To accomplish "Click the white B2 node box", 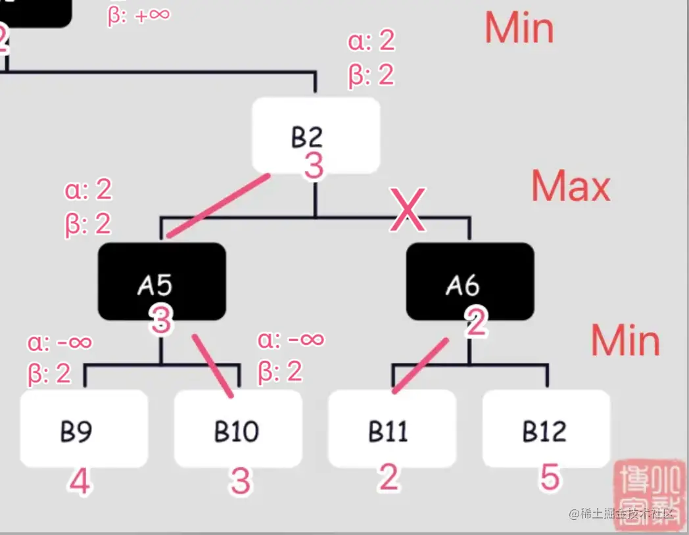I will (x=316, y=135).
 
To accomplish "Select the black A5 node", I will (x=162, y=281).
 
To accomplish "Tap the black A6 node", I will (x=469, y=281).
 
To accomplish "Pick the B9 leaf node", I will (x=83, y=429).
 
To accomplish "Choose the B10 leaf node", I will (x=237, y=429).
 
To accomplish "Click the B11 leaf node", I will (x=392, y=429).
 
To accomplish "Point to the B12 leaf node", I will (x=546, y=429).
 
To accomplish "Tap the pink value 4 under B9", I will (x=80, y=482).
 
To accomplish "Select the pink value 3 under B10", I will (x=241, y=482).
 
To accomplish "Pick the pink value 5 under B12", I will (x=549, y=477).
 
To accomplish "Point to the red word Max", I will (x=571, y=187).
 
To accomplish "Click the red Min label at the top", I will (x=519, y=28).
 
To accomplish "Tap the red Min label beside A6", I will (x=625, y=340).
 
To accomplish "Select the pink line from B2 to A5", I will (x=218, y=205).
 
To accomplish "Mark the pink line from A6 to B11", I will (x=421, y=365).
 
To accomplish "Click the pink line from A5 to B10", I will (x=213, y=365).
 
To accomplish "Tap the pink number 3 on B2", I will (x=314, y=166).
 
